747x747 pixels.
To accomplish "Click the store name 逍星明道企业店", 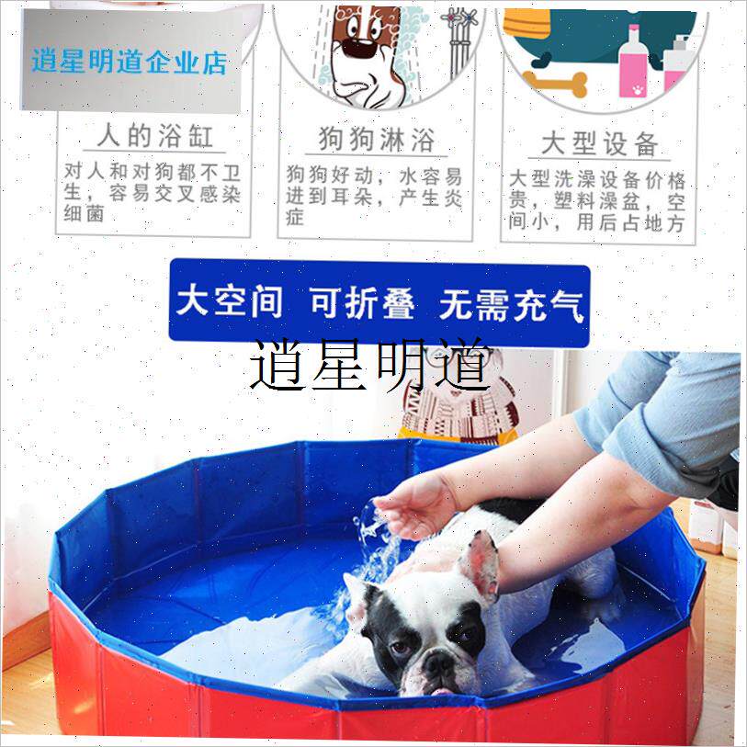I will coord(129,62).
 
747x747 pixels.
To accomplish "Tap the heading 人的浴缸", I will coord(155,137).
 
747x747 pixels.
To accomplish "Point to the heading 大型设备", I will coord(599,143).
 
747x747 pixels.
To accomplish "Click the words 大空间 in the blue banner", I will coord(229,302).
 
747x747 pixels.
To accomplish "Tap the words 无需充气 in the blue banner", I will coord(511,304).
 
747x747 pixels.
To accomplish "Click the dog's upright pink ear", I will coord(482,563).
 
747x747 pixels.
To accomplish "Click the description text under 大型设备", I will coord(597,201).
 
